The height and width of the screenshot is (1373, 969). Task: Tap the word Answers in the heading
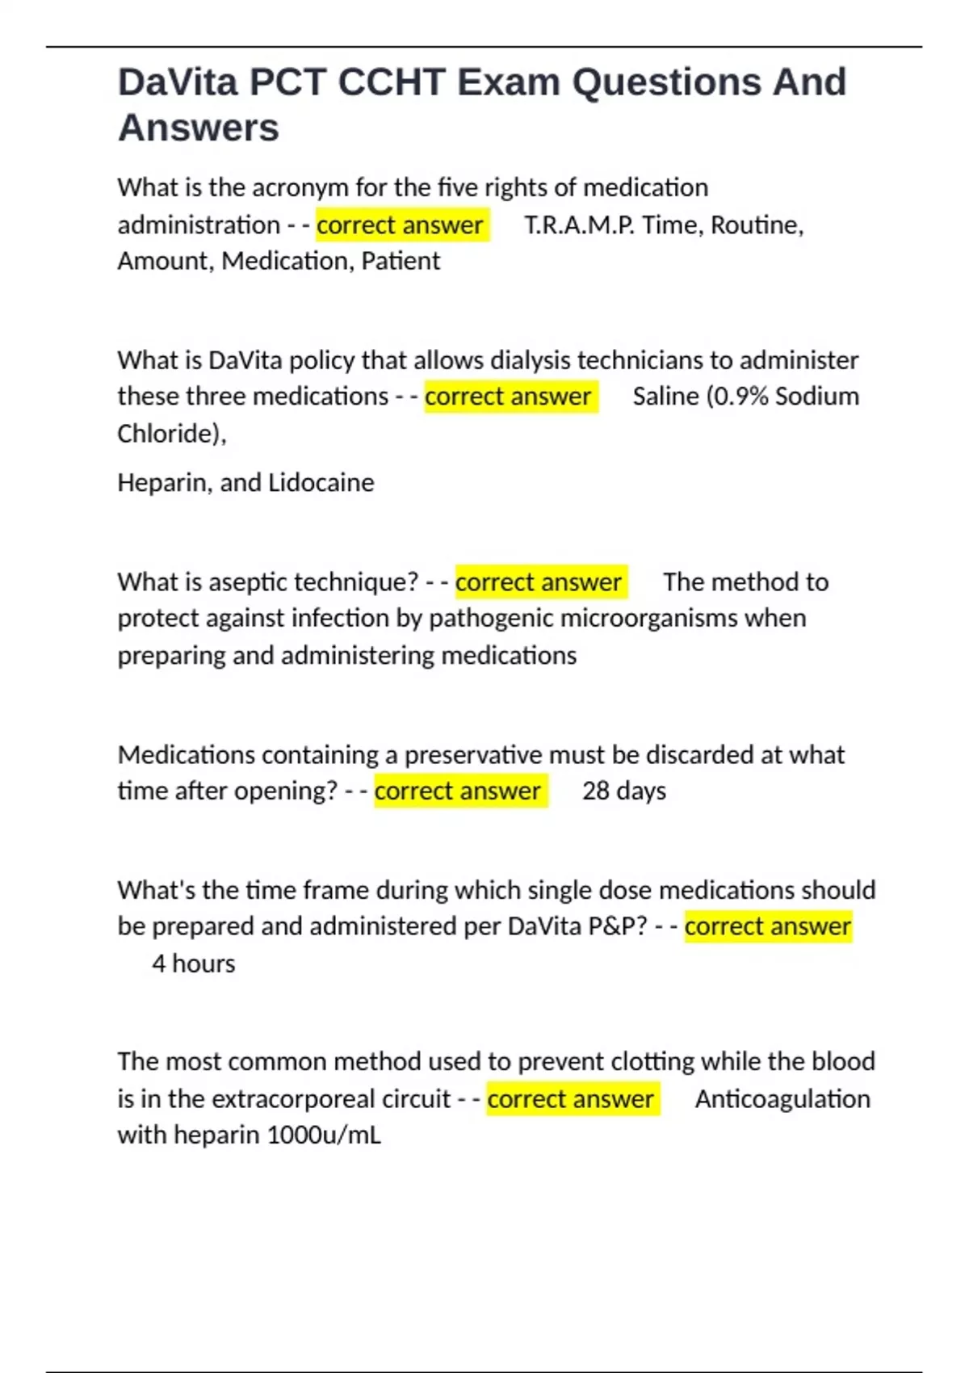click(x=199, y=128)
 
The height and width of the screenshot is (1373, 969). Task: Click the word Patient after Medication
click(x=401, y=261)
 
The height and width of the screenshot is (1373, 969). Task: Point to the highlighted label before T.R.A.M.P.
click(x=401, y=225)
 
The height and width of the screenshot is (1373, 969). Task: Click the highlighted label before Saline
click(x=509, y=397)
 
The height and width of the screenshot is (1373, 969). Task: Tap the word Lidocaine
click(x=321, y=483)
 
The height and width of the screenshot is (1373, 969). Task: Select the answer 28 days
click(x=624, y=791)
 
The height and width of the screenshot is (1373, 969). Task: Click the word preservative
click(x=473, y=755)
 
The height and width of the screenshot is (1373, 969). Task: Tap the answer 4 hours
click(x=194, y=964)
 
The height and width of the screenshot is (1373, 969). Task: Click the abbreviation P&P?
click(x=618, y=926)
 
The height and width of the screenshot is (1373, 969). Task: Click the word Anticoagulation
click(x=782, y=1099)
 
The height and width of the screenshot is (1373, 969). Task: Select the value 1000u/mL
click(x=324, y=1136)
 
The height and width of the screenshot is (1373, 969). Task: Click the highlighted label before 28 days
click(x=458, y=791)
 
